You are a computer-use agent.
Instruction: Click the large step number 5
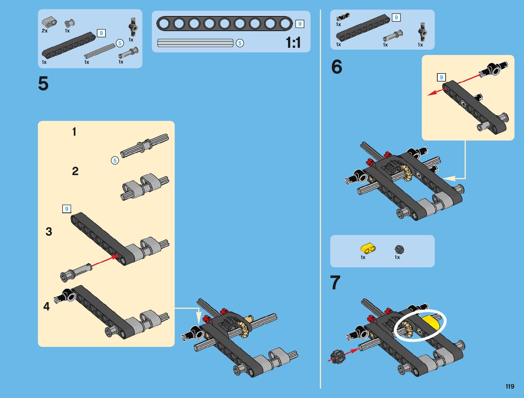[43, 83]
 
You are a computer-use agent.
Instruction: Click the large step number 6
[336, 67]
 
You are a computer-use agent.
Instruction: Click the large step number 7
[335, 282]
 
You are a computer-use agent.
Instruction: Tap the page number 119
[510, 386]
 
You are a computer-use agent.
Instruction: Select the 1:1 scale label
[293, 43]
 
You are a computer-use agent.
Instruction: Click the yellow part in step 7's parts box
[368, 248]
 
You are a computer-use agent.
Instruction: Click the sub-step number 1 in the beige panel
[74, 132]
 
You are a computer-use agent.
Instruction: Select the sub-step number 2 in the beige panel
[75, 171]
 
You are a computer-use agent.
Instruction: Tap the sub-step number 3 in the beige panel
[49, 232]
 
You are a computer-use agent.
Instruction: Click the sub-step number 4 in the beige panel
[47, 306]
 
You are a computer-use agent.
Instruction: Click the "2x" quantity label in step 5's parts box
[45, 31]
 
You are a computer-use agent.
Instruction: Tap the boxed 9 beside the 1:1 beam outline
[300, 24]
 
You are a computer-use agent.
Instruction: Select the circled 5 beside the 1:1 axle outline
[240, 43]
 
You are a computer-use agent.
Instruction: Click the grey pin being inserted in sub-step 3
[76, 273]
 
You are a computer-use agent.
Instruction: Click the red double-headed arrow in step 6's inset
[454, 85]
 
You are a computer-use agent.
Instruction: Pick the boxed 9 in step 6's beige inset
[441, 77]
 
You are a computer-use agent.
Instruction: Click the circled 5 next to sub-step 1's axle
[115, 160]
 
